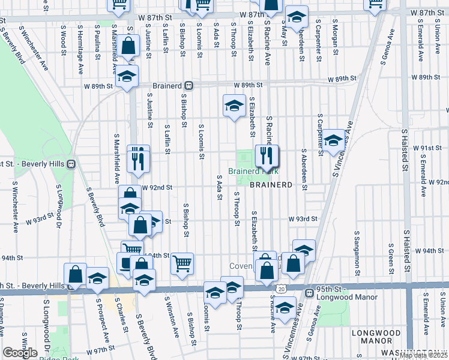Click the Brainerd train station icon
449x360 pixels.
188,86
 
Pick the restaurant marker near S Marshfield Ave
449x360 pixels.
138,159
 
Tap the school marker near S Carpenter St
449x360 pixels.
333,142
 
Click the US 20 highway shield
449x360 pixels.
282,289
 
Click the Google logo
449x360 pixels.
20,353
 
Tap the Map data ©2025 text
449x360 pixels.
423,355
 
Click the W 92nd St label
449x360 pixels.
157,187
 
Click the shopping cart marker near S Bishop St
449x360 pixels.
182,263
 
